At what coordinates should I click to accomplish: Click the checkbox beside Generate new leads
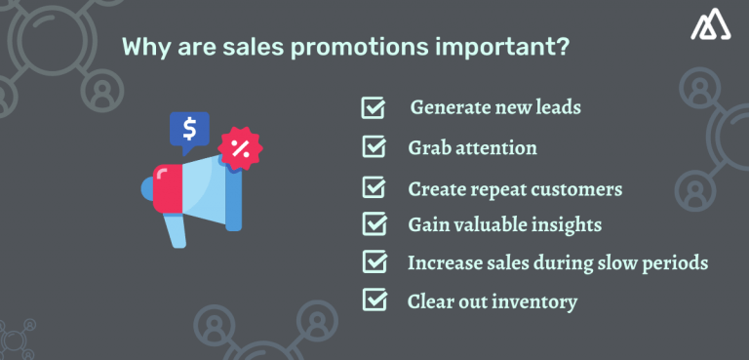pyautogui.click(x=374, y=107)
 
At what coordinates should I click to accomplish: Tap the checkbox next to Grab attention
pyautogui.click(x=374, y=147)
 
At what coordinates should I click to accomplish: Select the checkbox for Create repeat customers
pyautogui.click(x=374, y=186)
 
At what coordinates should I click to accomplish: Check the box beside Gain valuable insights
pyautogui.click(x=374, y=223)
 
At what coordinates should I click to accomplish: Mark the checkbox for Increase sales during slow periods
pyautogui.click(x=374, y=261)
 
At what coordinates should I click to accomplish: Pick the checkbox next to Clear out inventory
pyautogui.click(x=374, y=300)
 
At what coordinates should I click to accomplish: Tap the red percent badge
pyautogui.click(x=239, y=149)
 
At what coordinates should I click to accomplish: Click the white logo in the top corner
pyautogui.click(x=711, y=27)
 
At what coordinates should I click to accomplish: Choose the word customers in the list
pyautogui.click(x=576, y=187)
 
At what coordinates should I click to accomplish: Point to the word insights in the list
pyautogui.click(x=567, y=225)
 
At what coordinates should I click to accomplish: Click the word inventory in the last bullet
pyautogui.click(x=533, y=301)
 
